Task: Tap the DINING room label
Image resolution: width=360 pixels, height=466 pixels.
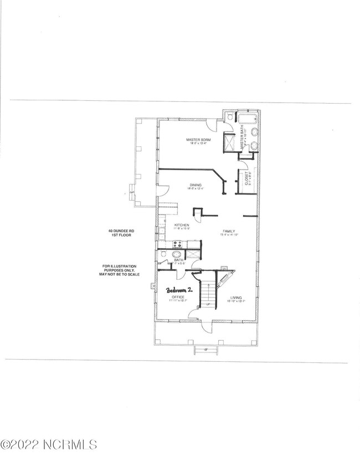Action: [196, 185]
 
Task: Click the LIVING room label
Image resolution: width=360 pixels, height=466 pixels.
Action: [237, 298]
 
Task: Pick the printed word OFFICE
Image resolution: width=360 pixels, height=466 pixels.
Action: [177, 298]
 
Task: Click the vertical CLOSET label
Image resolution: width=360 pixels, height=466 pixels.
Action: [246, 179]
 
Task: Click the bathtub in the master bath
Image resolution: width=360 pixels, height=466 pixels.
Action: [247, 119]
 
